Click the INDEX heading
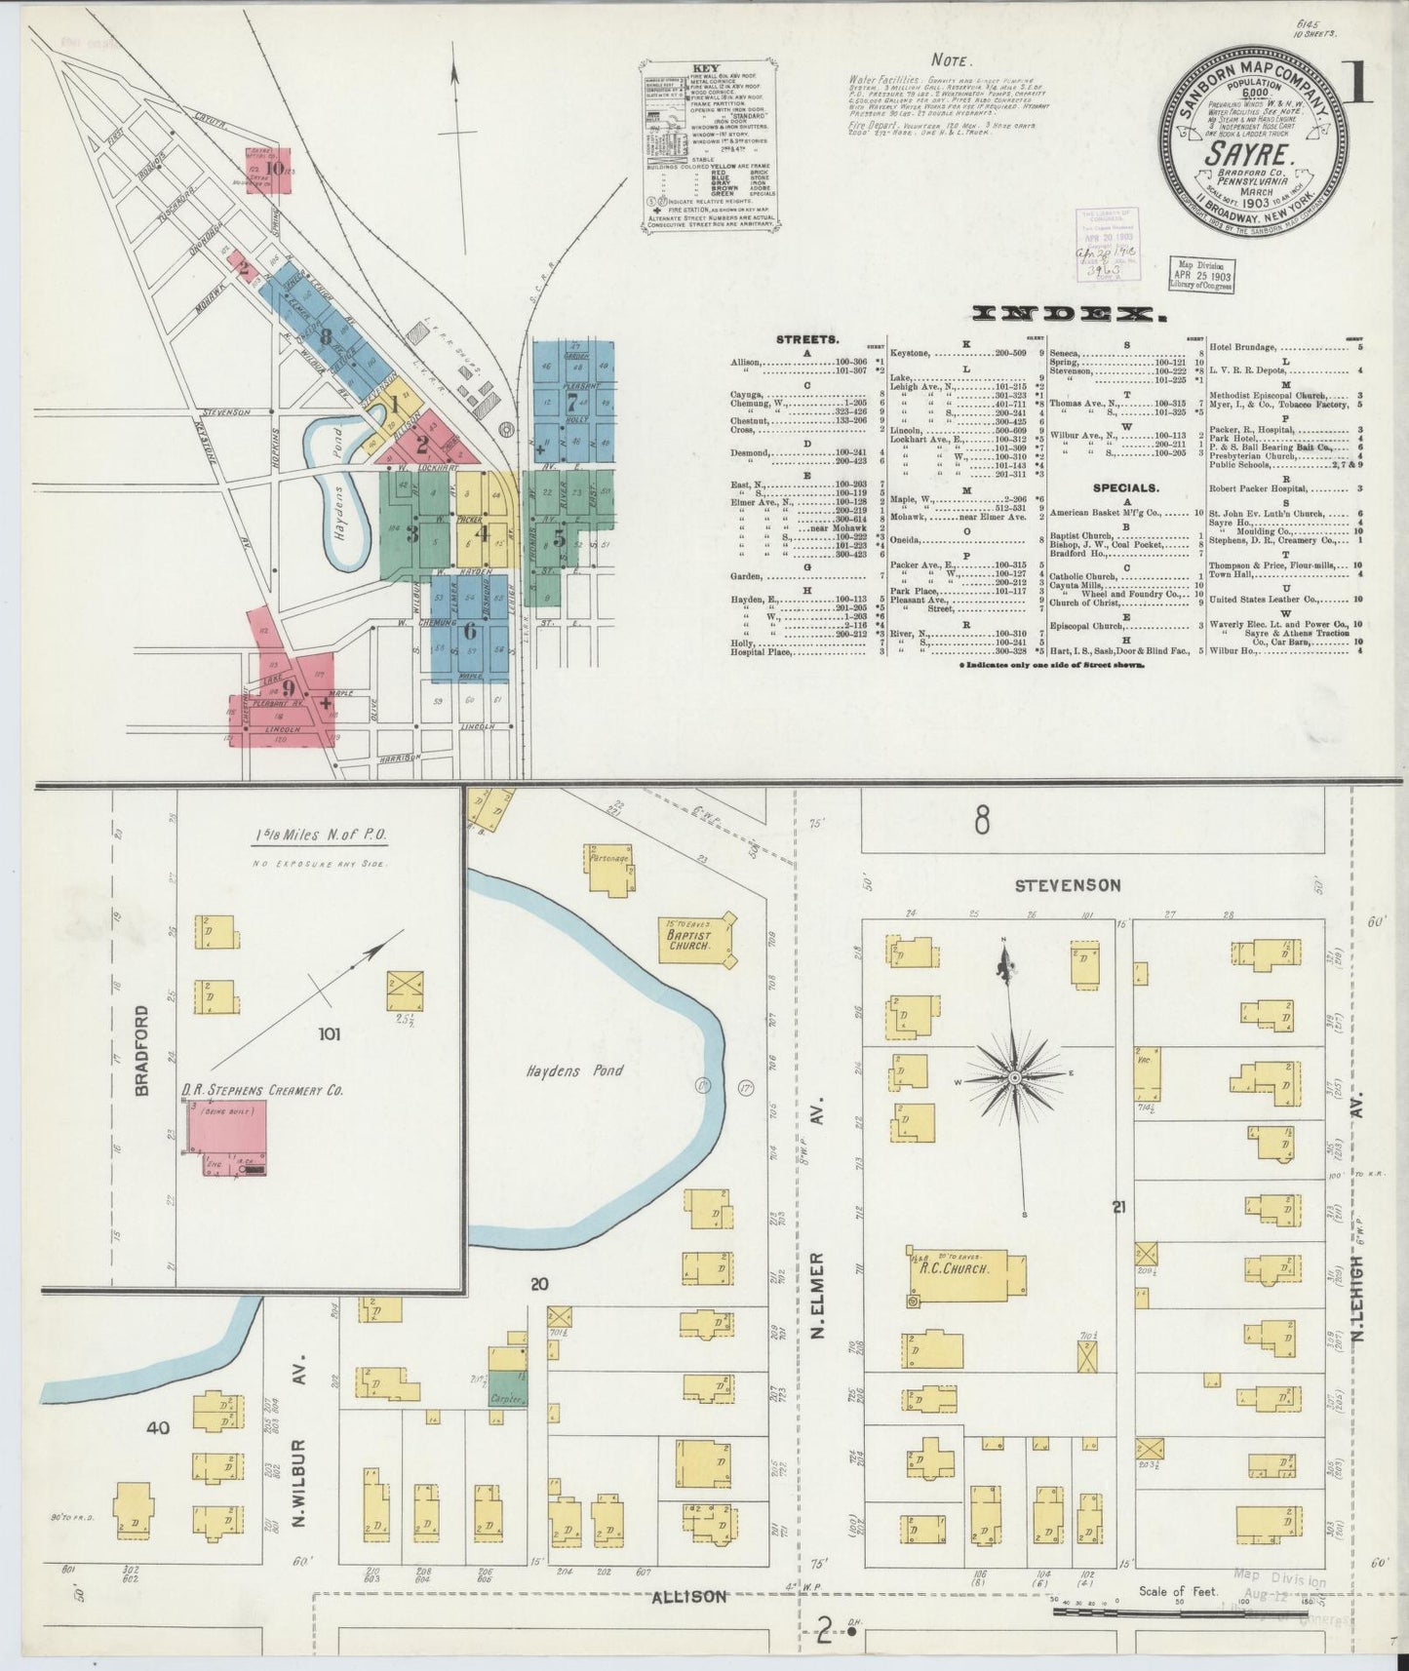(1067, 314)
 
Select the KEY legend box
(709, 146)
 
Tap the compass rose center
(1015, 1077)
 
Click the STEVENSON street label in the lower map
(1054, 885)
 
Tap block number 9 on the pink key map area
(288, 685)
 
